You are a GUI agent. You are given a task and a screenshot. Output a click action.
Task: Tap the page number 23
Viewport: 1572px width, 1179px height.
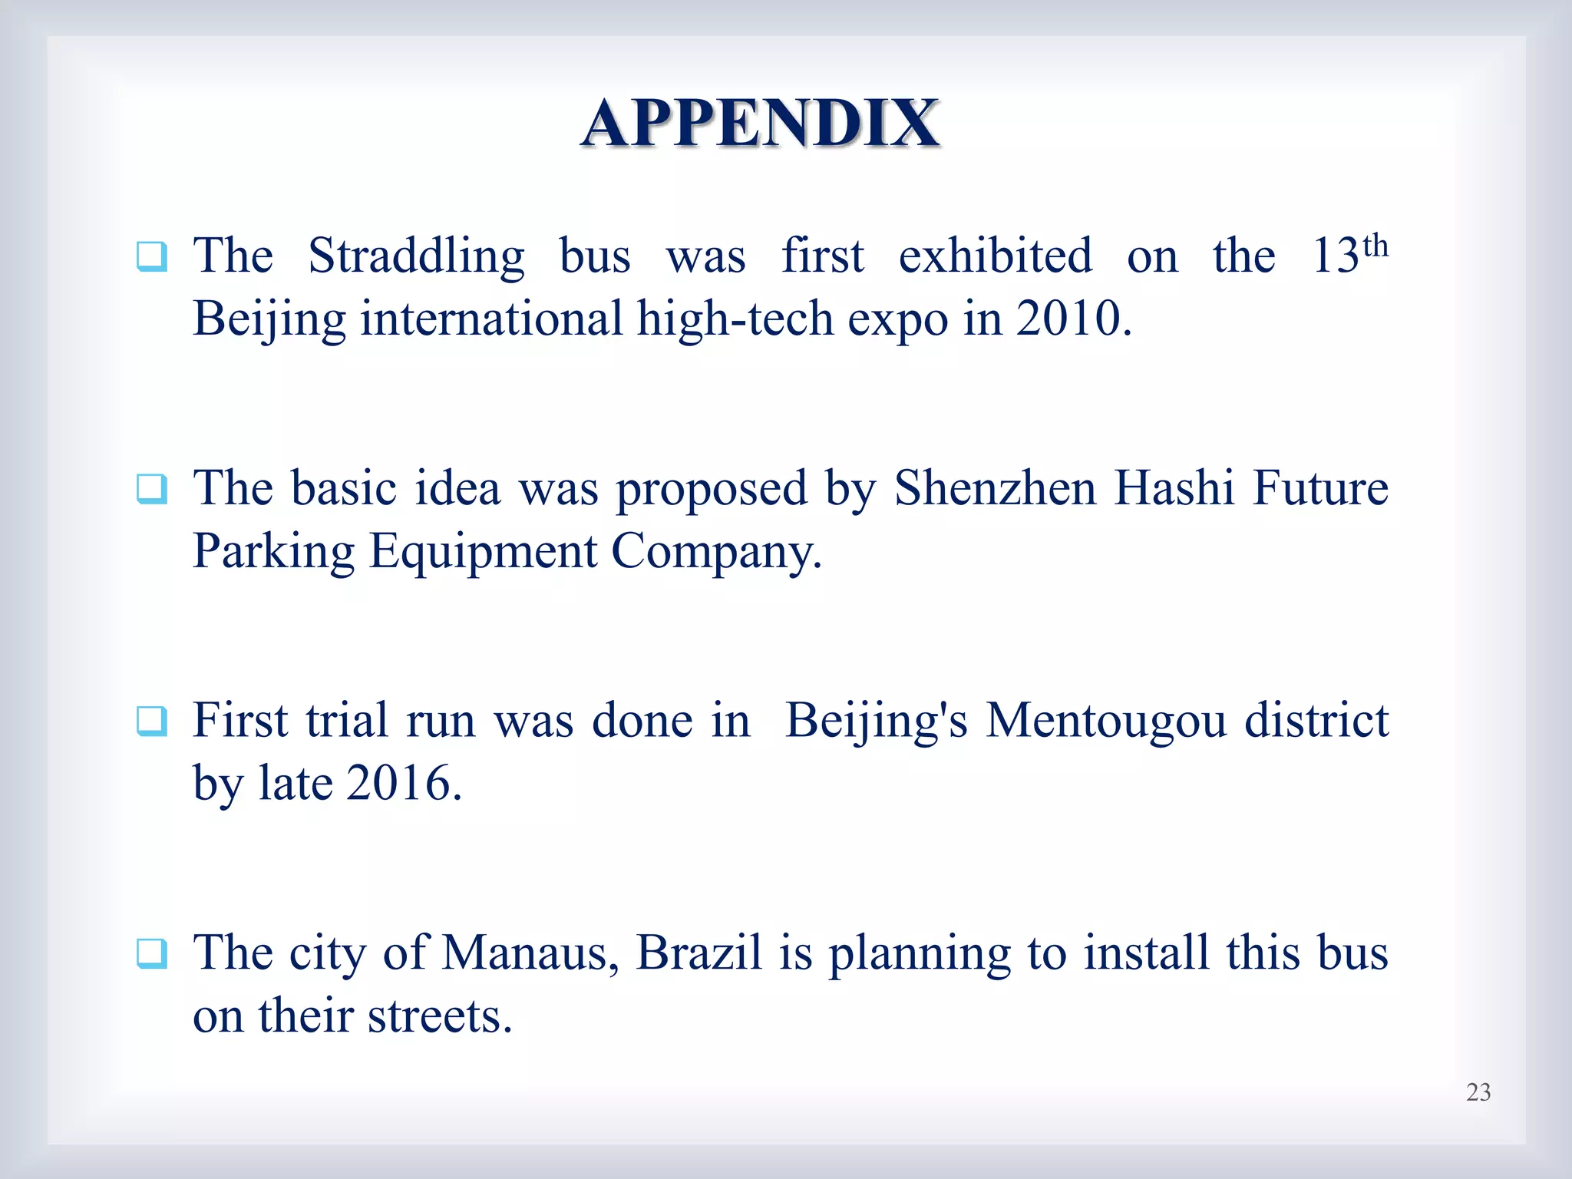click(1478, 1092)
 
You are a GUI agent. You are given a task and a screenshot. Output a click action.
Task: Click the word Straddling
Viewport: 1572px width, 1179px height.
click(416, 256)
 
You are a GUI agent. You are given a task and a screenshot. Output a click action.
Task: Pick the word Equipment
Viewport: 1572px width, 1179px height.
click(483, 552)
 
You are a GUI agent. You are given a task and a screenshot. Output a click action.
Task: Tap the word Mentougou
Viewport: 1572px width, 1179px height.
click(1106, 722)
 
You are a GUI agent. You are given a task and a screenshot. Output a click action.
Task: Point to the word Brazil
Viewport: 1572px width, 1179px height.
click(699, 953)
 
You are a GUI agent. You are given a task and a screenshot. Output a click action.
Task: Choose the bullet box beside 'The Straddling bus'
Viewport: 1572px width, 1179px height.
click(152, 256)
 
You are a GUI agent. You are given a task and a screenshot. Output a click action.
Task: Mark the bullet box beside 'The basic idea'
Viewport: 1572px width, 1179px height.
click(152, 489)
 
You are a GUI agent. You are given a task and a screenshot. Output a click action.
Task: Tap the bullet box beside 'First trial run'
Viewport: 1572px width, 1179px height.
click(152, 722)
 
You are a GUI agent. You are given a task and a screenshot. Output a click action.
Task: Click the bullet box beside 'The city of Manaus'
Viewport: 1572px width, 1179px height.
click(152, 954)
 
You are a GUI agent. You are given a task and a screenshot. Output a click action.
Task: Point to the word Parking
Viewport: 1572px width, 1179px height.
click(273, 552)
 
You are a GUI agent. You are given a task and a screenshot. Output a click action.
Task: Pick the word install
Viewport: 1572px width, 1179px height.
click(1147, 953)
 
